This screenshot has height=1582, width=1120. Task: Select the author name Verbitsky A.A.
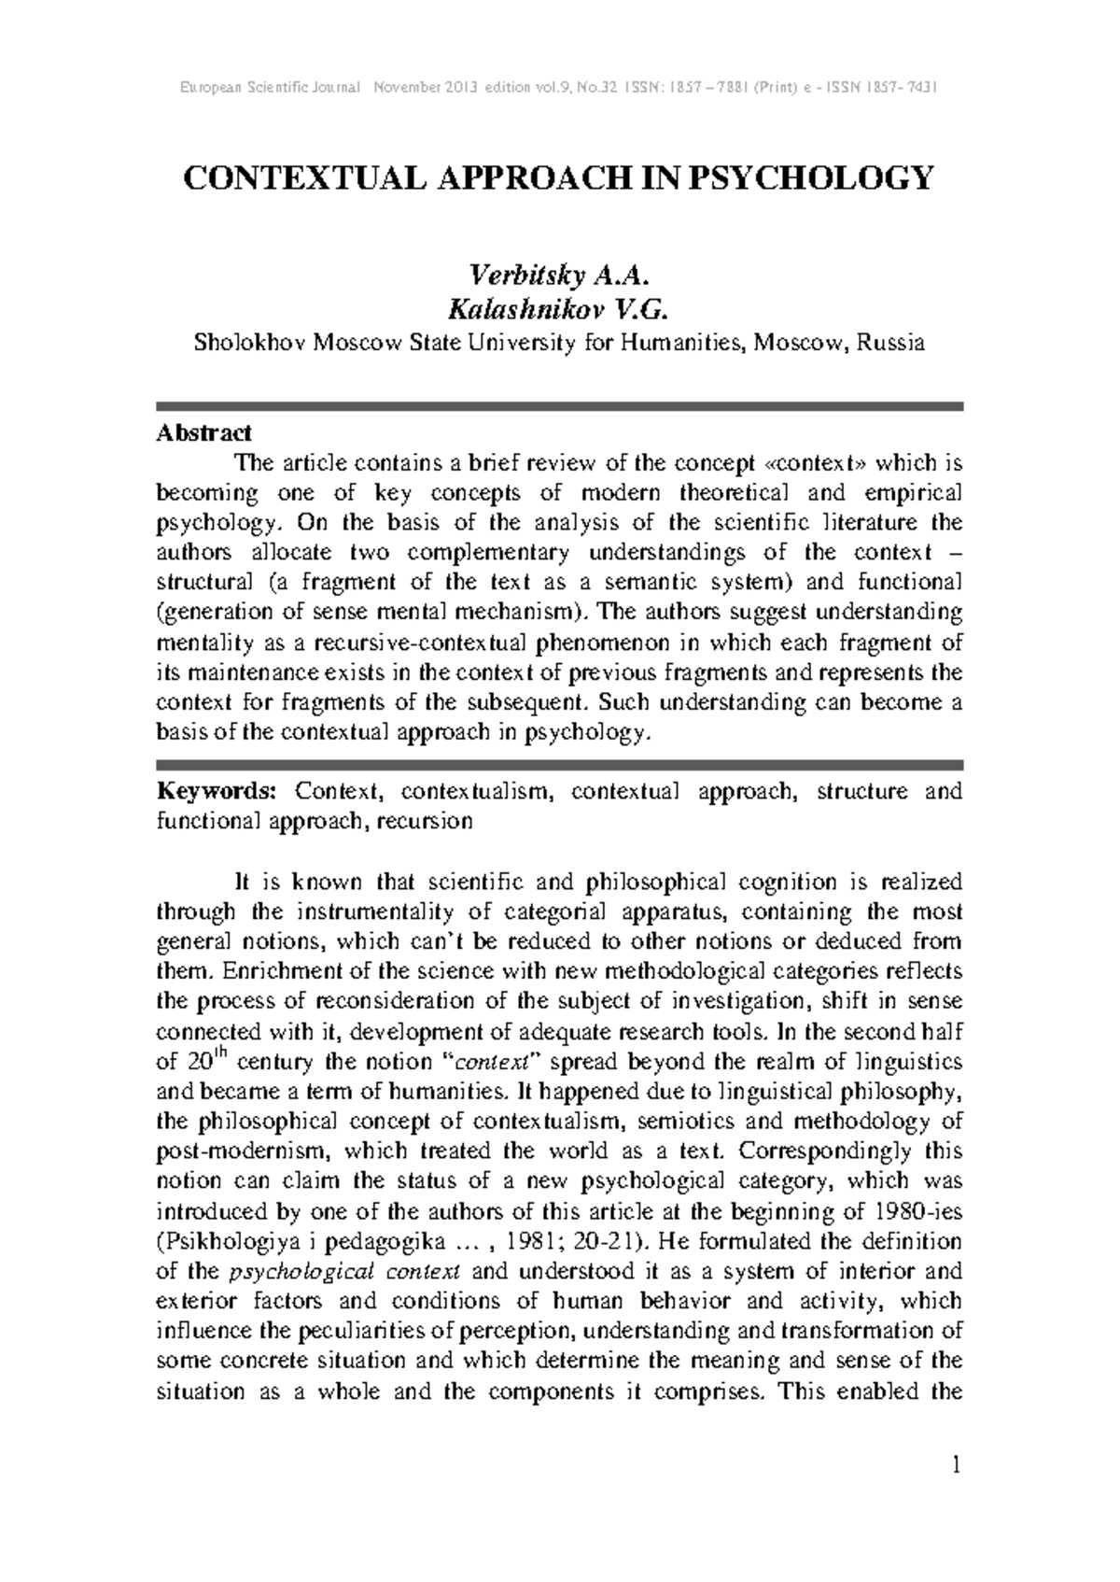558,276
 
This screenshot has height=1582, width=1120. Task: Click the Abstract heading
203,433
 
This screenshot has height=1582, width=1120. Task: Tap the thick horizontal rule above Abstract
558,406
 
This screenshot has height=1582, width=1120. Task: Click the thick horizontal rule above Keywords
558,763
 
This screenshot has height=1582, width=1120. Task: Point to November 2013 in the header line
425,88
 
